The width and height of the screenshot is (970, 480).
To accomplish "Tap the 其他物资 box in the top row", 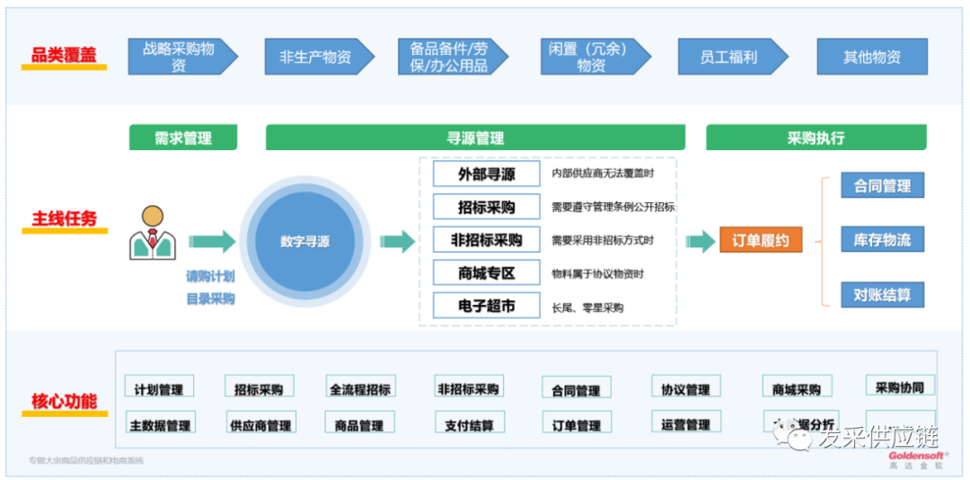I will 871,57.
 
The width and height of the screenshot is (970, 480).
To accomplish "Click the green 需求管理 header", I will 183,138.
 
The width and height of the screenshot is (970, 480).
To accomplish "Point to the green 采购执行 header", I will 816,138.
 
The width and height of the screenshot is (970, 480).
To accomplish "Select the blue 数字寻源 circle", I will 304,242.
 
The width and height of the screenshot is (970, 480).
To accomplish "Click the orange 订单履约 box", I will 760,241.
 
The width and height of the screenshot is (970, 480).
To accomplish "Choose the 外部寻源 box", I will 486,173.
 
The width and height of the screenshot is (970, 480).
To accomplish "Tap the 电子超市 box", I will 486,306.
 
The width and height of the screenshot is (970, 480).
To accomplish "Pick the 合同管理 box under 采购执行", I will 882,186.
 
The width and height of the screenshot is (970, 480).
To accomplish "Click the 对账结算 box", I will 882,294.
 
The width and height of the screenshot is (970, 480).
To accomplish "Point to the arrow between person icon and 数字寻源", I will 212,241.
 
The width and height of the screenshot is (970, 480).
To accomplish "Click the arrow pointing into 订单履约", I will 701,241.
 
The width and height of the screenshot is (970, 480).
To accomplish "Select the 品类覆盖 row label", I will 64,56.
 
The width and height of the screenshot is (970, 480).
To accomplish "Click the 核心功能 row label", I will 64,401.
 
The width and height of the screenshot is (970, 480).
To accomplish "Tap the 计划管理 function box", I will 159,388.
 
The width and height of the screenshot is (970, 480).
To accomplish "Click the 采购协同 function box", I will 899,387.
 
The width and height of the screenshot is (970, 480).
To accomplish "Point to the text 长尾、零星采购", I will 587,307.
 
